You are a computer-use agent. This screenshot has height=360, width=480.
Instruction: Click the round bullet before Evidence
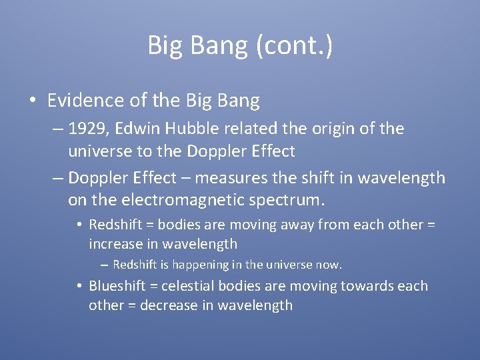click(x=32, y=101)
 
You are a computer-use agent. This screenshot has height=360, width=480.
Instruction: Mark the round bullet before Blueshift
click(x=79, y=287)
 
